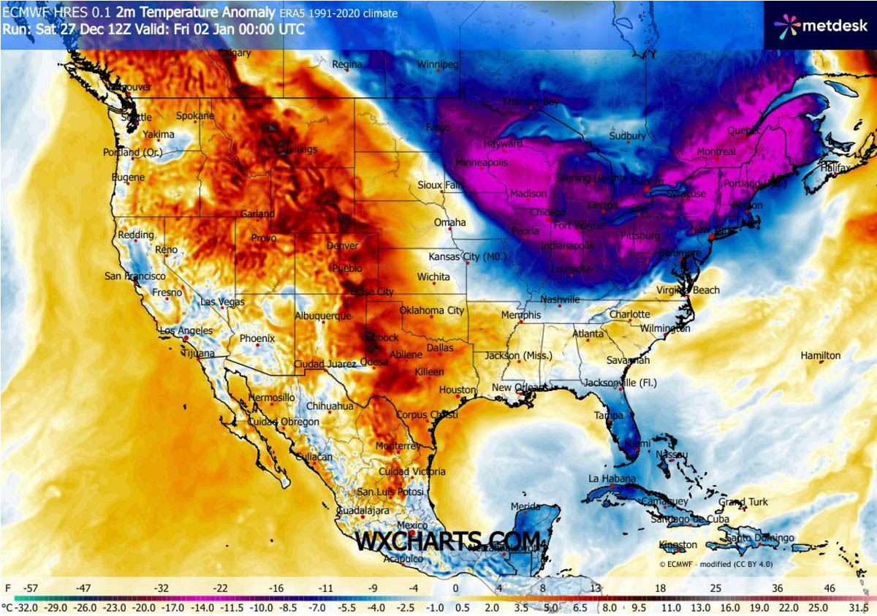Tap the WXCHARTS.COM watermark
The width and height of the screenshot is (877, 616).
(448, 541)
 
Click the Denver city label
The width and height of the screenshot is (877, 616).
(342, 246)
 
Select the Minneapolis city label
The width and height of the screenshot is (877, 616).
(481, 162)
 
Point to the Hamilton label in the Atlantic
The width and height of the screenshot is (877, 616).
(821, 356)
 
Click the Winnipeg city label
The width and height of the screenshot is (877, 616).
(438, 65)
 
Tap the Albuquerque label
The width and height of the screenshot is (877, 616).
(322, 316)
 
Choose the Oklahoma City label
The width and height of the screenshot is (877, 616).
(432, 311)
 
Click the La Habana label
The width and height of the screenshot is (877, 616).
(610, 479)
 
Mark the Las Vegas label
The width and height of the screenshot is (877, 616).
(222, 303)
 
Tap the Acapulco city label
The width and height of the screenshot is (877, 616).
(403, 559)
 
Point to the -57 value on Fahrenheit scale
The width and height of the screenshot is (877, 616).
(31, 588)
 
